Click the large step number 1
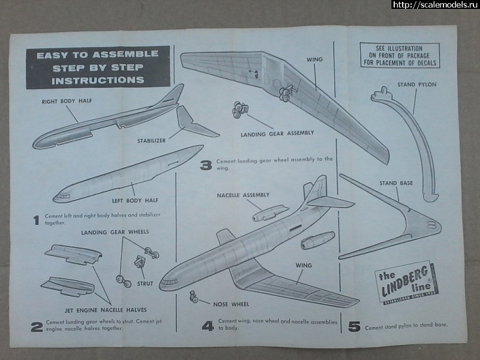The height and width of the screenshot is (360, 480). pyautogui.click(x=37, y=220)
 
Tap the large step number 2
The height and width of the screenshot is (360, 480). pyautogui.click(x=37, y=327)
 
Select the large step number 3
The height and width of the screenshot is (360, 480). pyautogui.click(x=206, y=164)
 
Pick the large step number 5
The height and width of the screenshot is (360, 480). pyautogui.click(x=354, y=326)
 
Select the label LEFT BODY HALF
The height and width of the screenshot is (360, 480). pyautogui.click(x=136, y=200)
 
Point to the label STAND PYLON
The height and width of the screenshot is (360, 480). pyautogui.click(x=416, y=85)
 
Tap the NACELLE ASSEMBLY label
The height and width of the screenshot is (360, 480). pyautogui.click(x=242, y=195)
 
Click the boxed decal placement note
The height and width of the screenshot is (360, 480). pyautogui.click(x=399, y=55)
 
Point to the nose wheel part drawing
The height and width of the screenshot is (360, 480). pyautogui.click(x=195, y=295)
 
